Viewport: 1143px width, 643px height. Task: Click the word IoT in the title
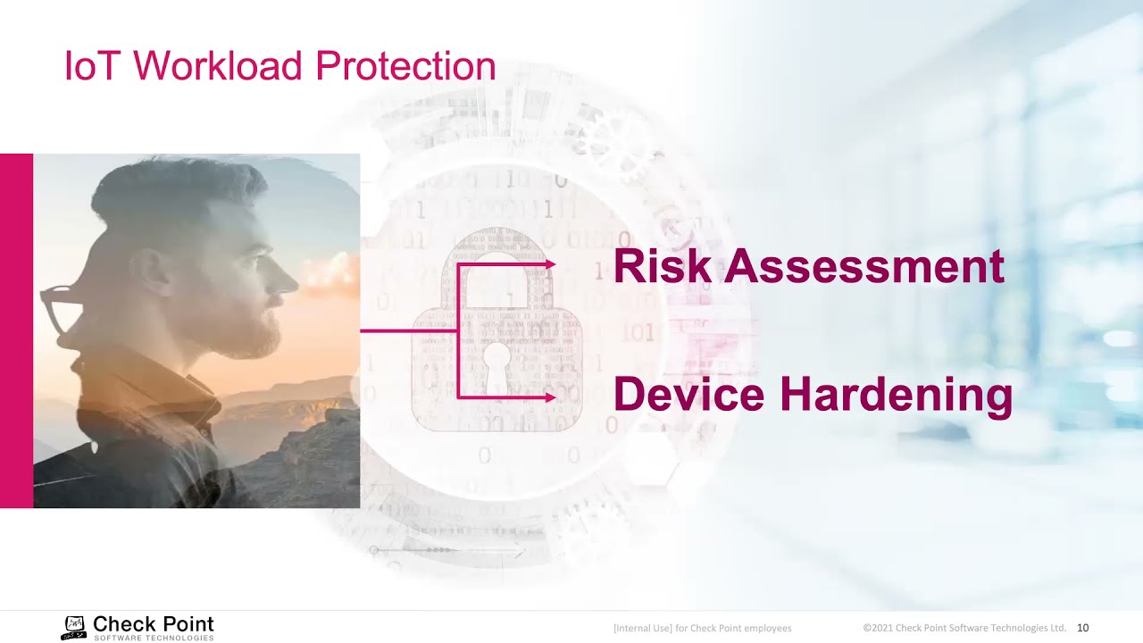click(x=93, y=67)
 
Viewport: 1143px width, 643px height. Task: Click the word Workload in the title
click(x=218, y=67)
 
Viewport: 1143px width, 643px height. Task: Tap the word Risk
click(x=662, y=267)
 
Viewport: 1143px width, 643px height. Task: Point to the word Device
click(x=688, y=395)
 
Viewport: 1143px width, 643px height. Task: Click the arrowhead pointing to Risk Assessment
click(x=550, y=264)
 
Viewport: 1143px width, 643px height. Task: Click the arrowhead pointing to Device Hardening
click(x=550, y=397)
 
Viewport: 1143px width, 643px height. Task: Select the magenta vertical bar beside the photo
click(x=16, y=330)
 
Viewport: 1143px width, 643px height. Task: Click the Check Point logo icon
click(x=74, y=627)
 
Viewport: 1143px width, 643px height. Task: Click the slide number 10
click(x=1082, y=628)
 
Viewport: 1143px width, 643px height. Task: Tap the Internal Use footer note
click(x=702, y=629)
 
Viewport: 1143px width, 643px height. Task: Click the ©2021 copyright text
click(x=964, y=628)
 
